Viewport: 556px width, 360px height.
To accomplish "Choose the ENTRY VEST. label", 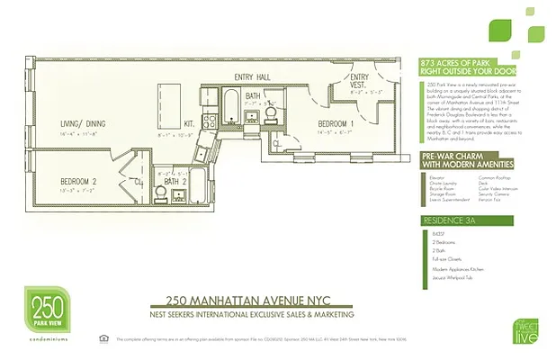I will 360,80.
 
